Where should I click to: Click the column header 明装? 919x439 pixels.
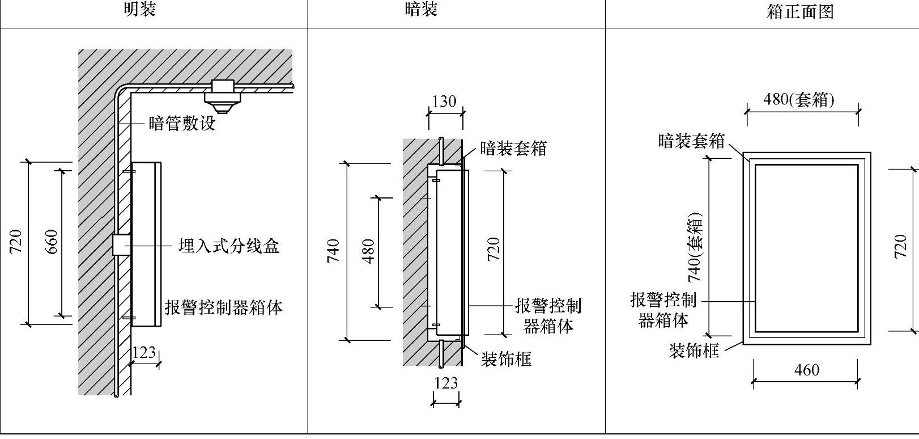[x=139, y=10]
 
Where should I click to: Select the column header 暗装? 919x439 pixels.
[x=421, y=10]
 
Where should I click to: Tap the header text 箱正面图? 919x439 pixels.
[x=799, y=11]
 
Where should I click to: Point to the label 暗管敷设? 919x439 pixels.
[x=182, y=124]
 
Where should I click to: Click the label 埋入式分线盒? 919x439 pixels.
[x=228, y=246]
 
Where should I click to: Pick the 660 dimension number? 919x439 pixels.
[x=51, y=242]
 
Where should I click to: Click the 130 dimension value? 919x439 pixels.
[x=444, y=102]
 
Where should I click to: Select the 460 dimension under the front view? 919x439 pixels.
[x=806, y=370]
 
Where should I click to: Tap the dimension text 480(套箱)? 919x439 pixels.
[x=799, y=100]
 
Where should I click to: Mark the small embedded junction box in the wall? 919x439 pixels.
[x=121, y=244]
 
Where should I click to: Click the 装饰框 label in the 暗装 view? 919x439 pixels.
[x=506, y=359]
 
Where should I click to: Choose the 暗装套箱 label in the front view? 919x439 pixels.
[x=691, y=141]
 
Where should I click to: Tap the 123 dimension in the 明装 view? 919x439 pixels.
[x=143, y=353]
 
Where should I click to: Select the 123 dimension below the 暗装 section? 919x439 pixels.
[x=446, y=383]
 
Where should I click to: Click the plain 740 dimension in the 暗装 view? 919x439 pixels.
[x=333, y=251]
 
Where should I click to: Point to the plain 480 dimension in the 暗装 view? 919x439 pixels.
[x=368, y=251]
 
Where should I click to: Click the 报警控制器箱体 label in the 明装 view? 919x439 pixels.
[x=223, y=307]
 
